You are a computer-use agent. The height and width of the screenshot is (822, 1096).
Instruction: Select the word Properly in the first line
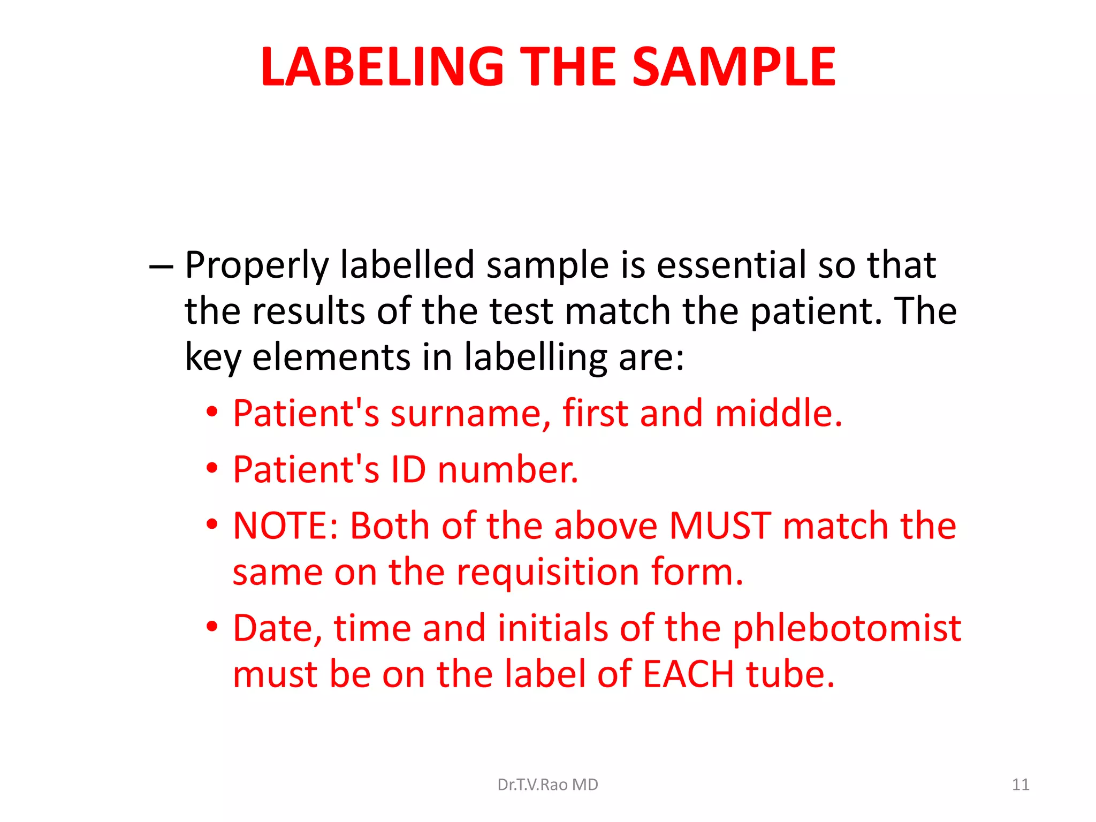point(256,266)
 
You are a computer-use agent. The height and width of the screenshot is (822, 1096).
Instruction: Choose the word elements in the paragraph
point(331,357)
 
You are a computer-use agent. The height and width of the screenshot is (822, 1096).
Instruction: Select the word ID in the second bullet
point(408,470)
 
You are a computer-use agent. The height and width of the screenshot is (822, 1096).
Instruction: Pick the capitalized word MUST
point(720,526)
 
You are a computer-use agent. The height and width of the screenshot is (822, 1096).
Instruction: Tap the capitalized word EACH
point(688,674)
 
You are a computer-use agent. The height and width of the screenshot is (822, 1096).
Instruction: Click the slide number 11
point(1021,785)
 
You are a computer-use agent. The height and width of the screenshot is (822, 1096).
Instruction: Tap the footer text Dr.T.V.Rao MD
point(547,785)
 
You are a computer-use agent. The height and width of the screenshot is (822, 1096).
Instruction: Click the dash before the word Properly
point(161,266)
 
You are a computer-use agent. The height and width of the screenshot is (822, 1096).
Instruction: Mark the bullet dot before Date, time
point(212,626)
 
